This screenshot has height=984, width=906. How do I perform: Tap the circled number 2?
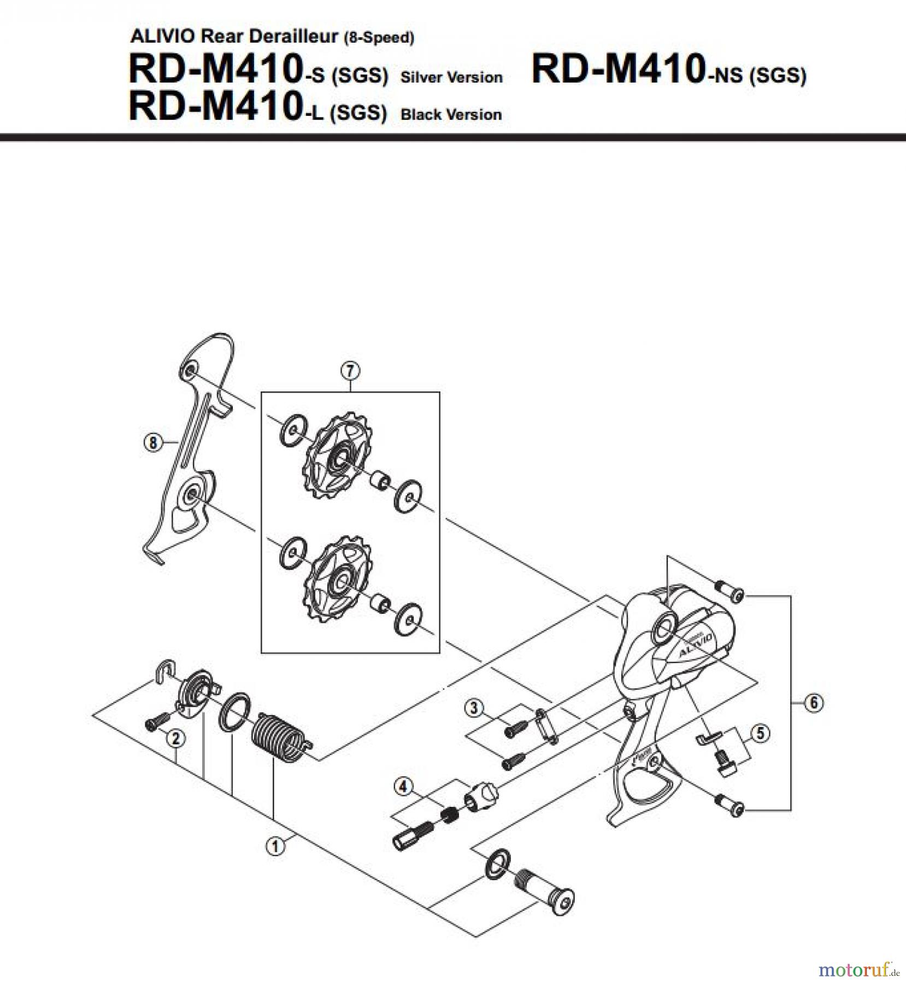(x=175, y=739)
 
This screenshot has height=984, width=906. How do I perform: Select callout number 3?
(x=474, y=708)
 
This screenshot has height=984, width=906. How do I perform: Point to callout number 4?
(x=403, y=787)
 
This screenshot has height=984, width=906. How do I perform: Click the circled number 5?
(x=761, y=733)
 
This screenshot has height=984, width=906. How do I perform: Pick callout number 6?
(x=814, y=702)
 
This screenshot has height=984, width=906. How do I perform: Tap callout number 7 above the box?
(x=350, y=371)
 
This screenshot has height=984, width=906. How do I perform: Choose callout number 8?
(x=153, y=442)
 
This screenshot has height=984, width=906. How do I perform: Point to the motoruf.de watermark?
(x=858, y=970)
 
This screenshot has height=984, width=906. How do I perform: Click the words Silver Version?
(x=451, y=77)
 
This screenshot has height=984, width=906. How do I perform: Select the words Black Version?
(x=451, y=115)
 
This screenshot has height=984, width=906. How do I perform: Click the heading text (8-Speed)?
(x=379, y=38)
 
